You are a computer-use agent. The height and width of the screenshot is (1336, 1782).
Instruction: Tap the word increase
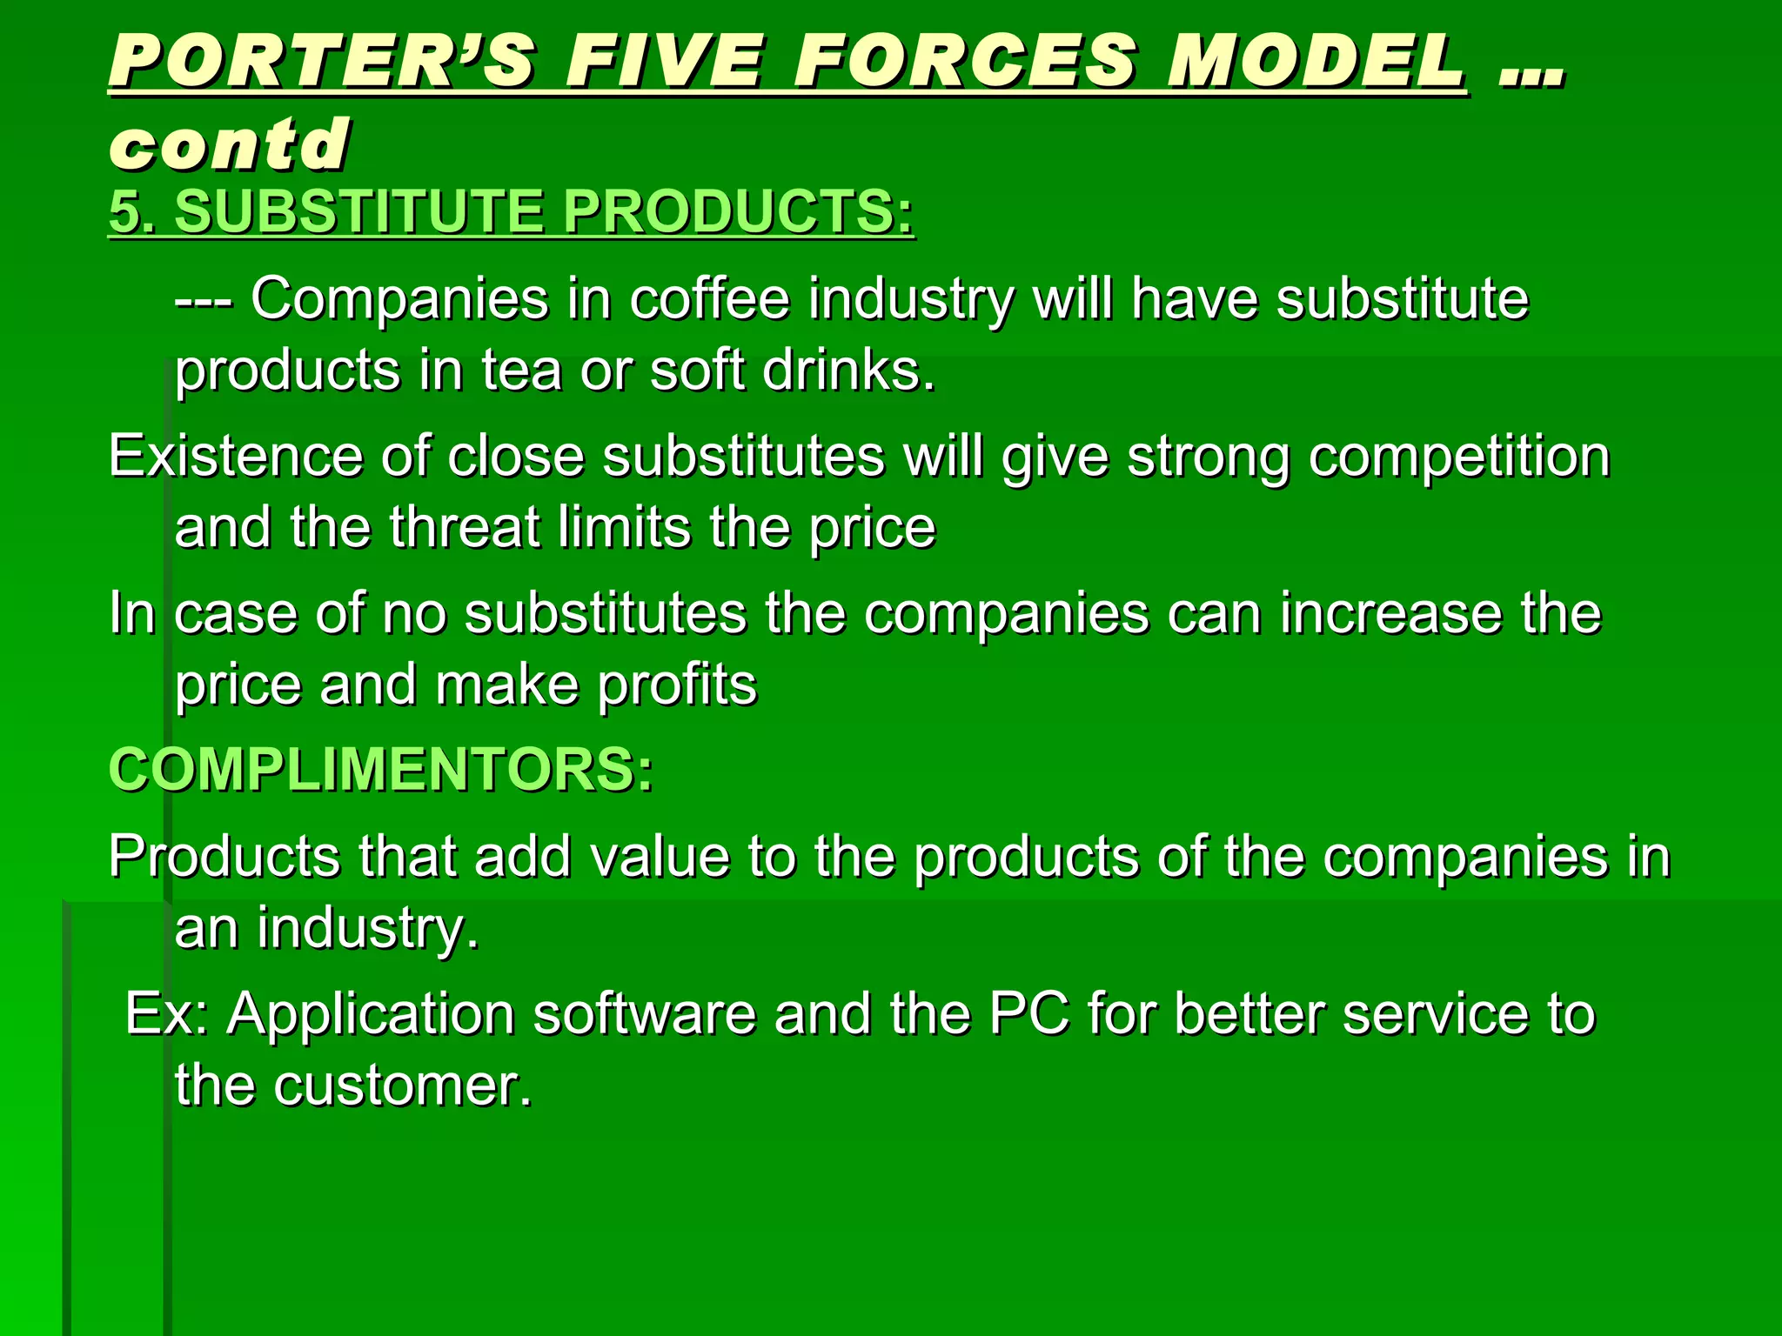[1390, 614]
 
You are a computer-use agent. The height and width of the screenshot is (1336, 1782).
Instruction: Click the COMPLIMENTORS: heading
[380, 771]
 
